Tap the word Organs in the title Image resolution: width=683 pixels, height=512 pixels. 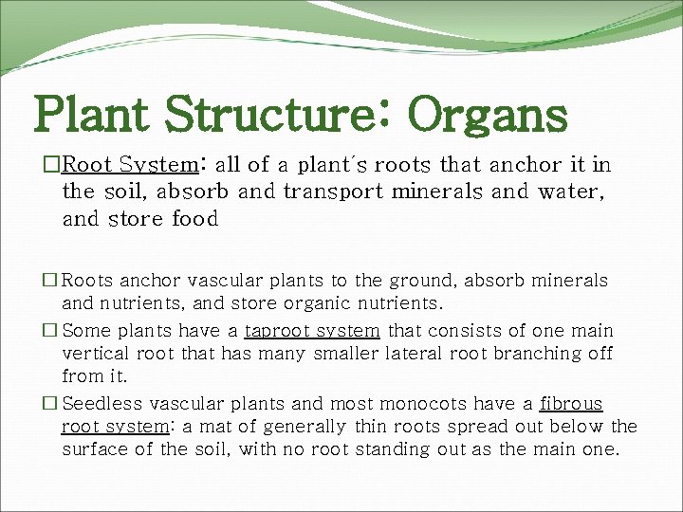[488, 115]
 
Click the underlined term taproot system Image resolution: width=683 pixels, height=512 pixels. [312, 331]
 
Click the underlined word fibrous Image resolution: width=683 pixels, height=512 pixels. [571, 403]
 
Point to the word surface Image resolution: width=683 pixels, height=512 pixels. [95, 449]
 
